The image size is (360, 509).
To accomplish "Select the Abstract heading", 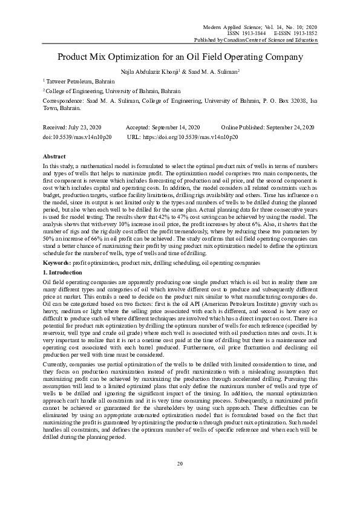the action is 55,156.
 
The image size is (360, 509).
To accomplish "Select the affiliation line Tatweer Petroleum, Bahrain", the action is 80,80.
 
